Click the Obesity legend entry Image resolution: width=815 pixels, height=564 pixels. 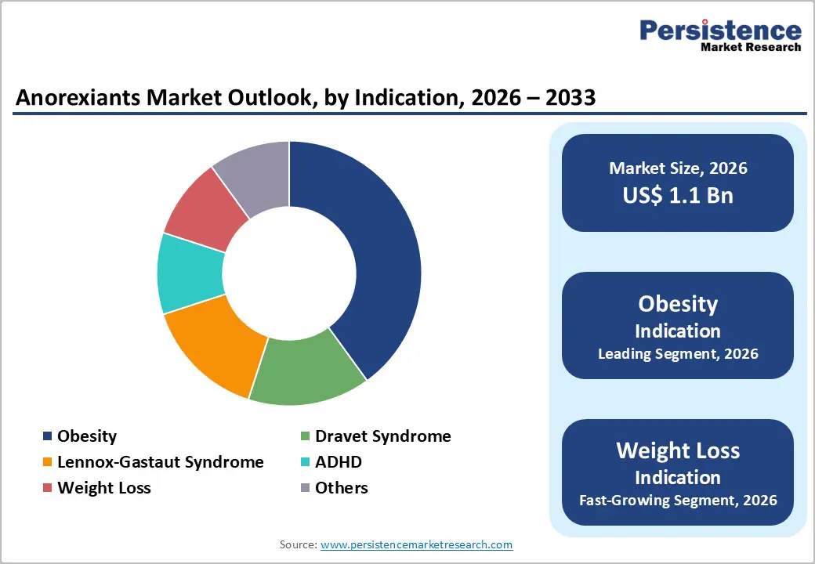(86, 436)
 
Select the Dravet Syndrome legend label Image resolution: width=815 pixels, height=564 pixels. (382, 436)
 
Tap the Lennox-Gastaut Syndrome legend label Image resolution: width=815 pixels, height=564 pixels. (160, 462)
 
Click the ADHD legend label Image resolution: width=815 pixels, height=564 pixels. (338, 462)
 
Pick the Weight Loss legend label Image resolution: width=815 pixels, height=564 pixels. (103, 488)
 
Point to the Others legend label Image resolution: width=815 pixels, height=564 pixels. (341, 488)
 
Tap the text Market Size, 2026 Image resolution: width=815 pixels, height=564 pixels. (678, 168)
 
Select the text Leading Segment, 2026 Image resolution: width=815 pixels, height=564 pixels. (678, 354)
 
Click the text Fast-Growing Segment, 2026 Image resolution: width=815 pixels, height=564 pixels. (678, 500)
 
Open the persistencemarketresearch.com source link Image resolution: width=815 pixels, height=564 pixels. (416, 544)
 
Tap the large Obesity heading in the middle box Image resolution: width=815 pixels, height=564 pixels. (678, 304)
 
